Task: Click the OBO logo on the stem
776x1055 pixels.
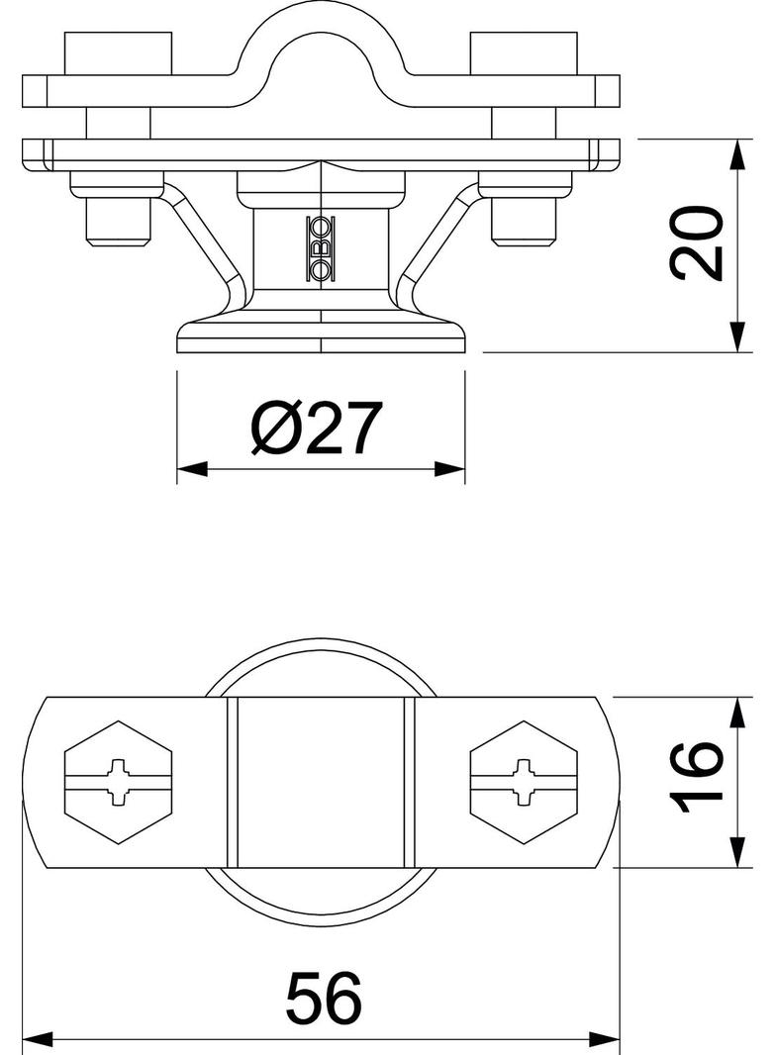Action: click(x=323, y=246)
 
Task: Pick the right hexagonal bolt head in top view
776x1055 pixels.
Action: click(x=525, y=782)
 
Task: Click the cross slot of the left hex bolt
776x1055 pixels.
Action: click(x=119, y=782)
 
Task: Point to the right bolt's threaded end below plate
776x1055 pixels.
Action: click(x=524, y=223)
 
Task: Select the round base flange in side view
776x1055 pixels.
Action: click(x=321, y=335)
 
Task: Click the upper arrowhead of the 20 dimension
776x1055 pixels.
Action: click(x=738, y=153)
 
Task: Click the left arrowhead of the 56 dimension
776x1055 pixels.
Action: click(x=36, y=1039)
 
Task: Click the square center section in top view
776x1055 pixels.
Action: click(x=321, y=782)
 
